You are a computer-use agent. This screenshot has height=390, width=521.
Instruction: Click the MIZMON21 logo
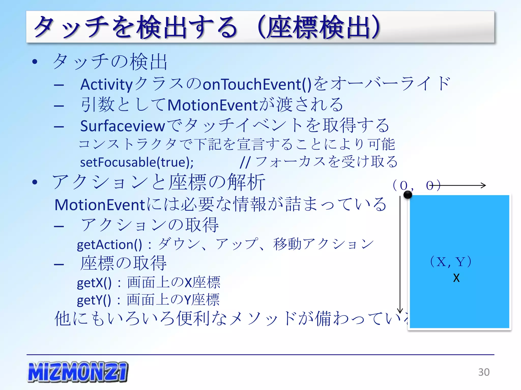coord(78,372)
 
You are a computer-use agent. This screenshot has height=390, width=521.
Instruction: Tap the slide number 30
coord(484,372)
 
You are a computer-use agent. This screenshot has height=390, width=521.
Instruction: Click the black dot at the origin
coord(408,195)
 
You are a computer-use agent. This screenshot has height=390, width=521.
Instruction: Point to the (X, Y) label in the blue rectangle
coord(451,262)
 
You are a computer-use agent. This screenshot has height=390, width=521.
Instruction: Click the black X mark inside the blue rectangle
coord(456,278)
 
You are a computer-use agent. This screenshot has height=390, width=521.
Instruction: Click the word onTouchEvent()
coord(257,85)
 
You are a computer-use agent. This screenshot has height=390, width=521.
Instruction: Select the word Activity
coord(107,85)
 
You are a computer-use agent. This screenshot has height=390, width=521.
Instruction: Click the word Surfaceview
coord(123,126)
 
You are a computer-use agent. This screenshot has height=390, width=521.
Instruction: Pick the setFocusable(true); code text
coord(137,162)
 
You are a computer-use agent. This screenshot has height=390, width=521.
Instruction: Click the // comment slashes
coord(245,162)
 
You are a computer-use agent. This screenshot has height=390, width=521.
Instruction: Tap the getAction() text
coord(109,245)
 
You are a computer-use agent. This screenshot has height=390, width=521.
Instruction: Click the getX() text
coord(94,283)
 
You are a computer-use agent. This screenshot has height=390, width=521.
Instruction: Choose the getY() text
coord(94,300)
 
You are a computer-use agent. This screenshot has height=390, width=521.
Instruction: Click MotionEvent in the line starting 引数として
coord(213,105)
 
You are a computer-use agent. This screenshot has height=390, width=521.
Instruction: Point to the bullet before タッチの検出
coord(35,62)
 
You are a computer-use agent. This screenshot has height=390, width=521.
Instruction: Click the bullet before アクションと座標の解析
coord(35,182)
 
